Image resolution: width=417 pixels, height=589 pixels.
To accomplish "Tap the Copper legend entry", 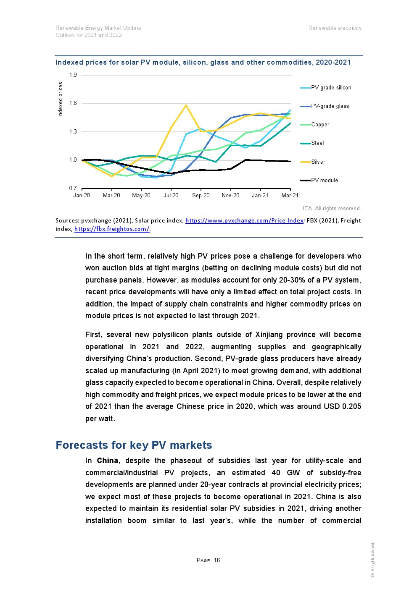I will [320, 125].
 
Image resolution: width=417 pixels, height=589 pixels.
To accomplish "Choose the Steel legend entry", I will [317, 143].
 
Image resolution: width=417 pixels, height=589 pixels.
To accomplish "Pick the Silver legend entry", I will [318, 162].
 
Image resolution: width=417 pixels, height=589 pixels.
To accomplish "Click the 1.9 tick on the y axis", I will [73, 75].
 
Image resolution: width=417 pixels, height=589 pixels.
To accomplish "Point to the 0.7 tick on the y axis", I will [73, 188].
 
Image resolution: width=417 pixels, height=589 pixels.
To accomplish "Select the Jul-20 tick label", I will [171, 196].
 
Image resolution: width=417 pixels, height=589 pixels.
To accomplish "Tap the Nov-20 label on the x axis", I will [230, 196].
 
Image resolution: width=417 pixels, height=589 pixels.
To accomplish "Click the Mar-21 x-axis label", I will [290, 196].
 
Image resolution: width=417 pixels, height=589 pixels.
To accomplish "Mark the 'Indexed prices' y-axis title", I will [60, 100].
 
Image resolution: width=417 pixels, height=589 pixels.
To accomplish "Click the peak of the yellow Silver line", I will [186, 105].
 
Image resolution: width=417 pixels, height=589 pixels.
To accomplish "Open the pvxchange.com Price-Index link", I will [244, 220].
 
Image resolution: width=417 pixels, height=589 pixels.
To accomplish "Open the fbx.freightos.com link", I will [112, 229].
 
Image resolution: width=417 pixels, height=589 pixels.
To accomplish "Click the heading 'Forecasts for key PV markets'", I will [134, 445].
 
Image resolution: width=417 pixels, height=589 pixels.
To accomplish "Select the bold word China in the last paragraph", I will [107, 461].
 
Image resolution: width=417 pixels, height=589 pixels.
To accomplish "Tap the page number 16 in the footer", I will [217, 560].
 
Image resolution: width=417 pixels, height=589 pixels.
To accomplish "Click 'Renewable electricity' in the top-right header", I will [335, 28].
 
